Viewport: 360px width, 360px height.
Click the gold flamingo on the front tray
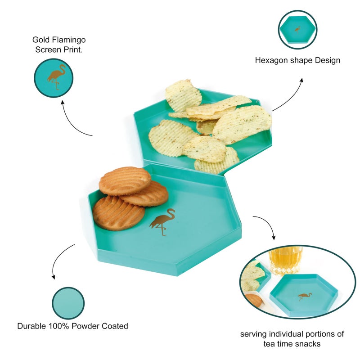tap(162, 221)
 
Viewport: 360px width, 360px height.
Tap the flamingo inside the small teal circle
tap(56, 77)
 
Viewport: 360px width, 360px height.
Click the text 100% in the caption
tap(62, 326)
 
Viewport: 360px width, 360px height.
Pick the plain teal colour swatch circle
tap(68, 303)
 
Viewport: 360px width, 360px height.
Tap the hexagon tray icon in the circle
tap(297, 29)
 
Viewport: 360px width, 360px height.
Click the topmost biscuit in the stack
tap(125, 180)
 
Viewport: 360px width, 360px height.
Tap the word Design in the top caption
tap(327, 60)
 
